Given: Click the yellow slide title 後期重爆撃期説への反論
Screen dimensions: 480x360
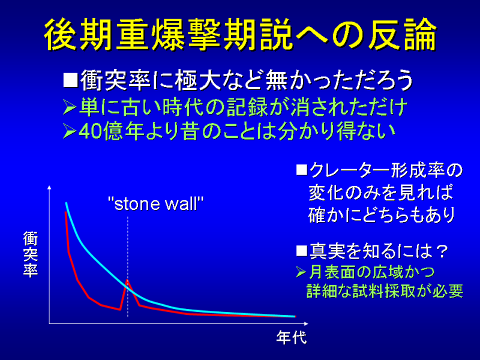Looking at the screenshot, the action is point(240,34).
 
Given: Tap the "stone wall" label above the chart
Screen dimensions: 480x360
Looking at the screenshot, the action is point(156,203).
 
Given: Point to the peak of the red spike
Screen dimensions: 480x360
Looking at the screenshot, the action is point(127,280).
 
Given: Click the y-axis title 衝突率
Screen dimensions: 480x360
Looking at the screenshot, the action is point(31,254).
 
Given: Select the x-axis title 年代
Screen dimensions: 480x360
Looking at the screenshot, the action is point(291,338).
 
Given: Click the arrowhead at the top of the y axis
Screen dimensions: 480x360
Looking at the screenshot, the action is point(50,187).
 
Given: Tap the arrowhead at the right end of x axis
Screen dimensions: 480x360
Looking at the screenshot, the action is point(306,323).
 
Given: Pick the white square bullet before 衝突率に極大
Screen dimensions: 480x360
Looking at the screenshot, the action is point(70,80).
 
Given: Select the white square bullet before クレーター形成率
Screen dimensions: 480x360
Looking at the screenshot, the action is point(302,170).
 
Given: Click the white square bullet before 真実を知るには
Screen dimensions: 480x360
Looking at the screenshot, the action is point(302,251).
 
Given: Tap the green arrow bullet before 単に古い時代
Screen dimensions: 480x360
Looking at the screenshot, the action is point(69,107).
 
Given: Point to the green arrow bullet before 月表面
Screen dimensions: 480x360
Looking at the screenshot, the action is point(301,272).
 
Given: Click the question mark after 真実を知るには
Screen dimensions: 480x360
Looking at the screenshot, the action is point(441,251).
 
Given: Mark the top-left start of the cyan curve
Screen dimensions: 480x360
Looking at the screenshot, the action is point(66,203).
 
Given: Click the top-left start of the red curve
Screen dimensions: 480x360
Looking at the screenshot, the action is point(66,212).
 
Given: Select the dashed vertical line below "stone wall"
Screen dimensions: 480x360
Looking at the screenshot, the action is point(128,266).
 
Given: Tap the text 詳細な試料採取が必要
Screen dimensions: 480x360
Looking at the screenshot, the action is point(385,291).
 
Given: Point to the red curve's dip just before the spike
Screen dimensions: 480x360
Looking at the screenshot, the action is point(119,310).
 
